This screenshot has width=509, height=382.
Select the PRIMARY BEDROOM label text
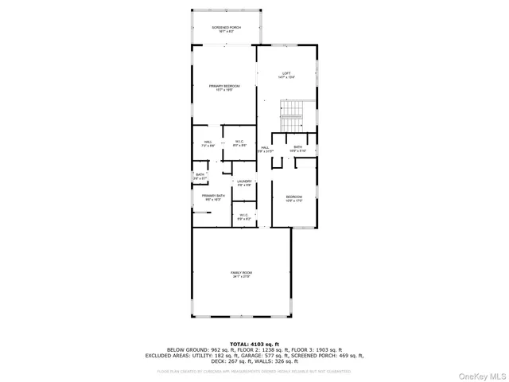(224, 88)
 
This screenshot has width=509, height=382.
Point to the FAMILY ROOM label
(242, 275)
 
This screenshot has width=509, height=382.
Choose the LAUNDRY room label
(243, 183)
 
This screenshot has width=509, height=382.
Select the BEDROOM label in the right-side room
(294, 198)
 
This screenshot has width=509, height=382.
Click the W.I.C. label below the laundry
(244, 216)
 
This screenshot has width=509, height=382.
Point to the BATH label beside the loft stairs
(297, 148)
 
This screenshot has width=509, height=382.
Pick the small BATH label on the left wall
(200, 177)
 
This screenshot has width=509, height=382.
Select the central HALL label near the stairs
(265, 149)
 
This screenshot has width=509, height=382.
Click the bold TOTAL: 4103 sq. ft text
(254, 343)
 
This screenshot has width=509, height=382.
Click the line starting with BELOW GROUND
(254, 349)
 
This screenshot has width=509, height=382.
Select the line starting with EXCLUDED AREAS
(254, 356)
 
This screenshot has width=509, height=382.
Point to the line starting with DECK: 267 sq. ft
(254, 361)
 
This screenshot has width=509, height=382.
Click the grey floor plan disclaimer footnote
(254, 370)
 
